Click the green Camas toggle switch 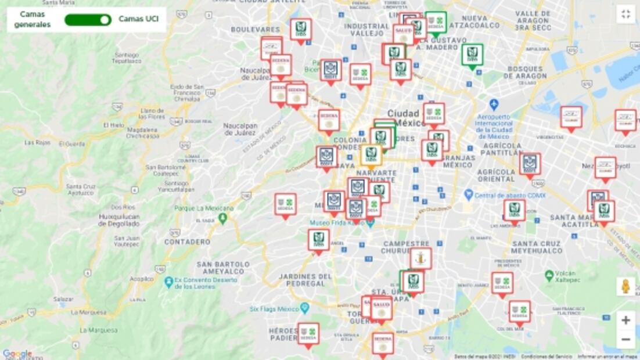point(88,20)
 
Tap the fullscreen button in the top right point(625,15)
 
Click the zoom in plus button point(625,320)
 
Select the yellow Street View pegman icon point(625,286)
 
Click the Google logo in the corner point(17,354)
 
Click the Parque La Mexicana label point(204,208)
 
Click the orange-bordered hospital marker point(371,155)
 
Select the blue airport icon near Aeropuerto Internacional point(494,105)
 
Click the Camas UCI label point(138,19)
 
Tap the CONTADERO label point(187,242)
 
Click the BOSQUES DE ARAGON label point(527,72)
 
